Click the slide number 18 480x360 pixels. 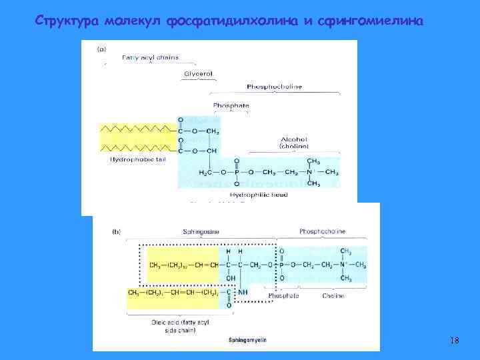point(455,341)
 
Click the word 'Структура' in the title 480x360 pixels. point(66,21)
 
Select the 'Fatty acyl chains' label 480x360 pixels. point(145,57)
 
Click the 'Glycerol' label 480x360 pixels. point(198,73)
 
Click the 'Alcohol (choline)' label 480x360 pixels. point(293,143)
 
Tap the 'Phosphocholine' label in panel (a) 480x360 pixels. point(274,87)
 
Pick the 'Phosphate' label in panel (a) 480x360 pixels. point(231,105)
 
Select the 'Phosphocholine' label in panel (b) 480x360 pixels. point(321,233)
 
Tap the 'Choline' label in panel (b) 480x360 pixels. point(333,295)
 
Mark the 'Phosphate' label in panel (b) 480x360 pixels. point(283,295)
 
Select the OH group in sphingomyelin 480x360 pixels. point(230,279)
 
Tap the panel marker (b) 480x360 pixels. point(116,233)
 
